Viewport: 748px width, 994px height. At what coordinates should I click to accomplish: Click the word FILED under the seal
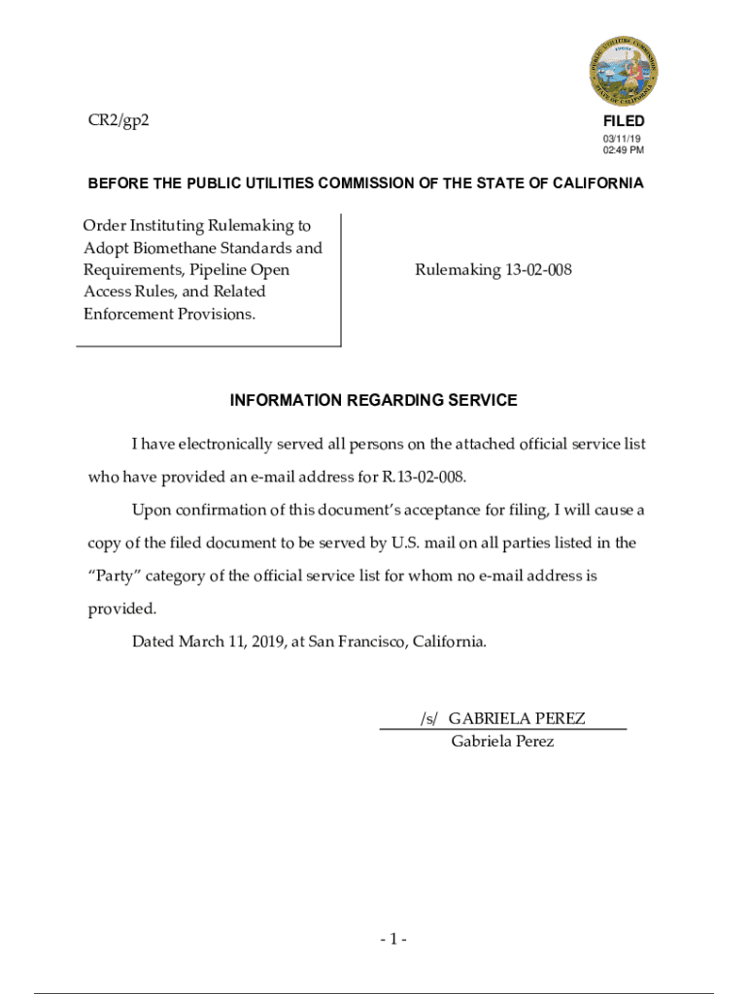pos(624,121)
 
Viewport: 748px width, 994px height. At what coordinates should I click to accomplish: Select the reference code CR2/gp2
pos(118,120)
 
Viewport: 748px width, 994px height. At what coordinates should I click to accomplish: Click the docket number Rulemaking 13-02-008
pos(493,270)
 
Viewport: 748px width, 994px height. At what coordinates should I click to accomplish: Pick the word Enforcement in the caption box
pos(128,314)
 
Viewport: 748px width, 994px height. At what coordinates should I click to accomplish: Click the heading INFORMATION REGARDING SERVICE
pos(374,400)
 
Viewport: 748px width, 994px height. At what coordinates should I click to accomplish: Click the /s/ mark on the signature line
pos(429,718)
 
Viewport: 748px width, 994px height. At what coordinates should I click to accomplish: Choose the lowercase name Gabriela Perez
pos(502,741)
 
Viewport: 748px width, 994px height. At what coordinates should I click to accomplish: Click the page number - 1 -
pos(393,939)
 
